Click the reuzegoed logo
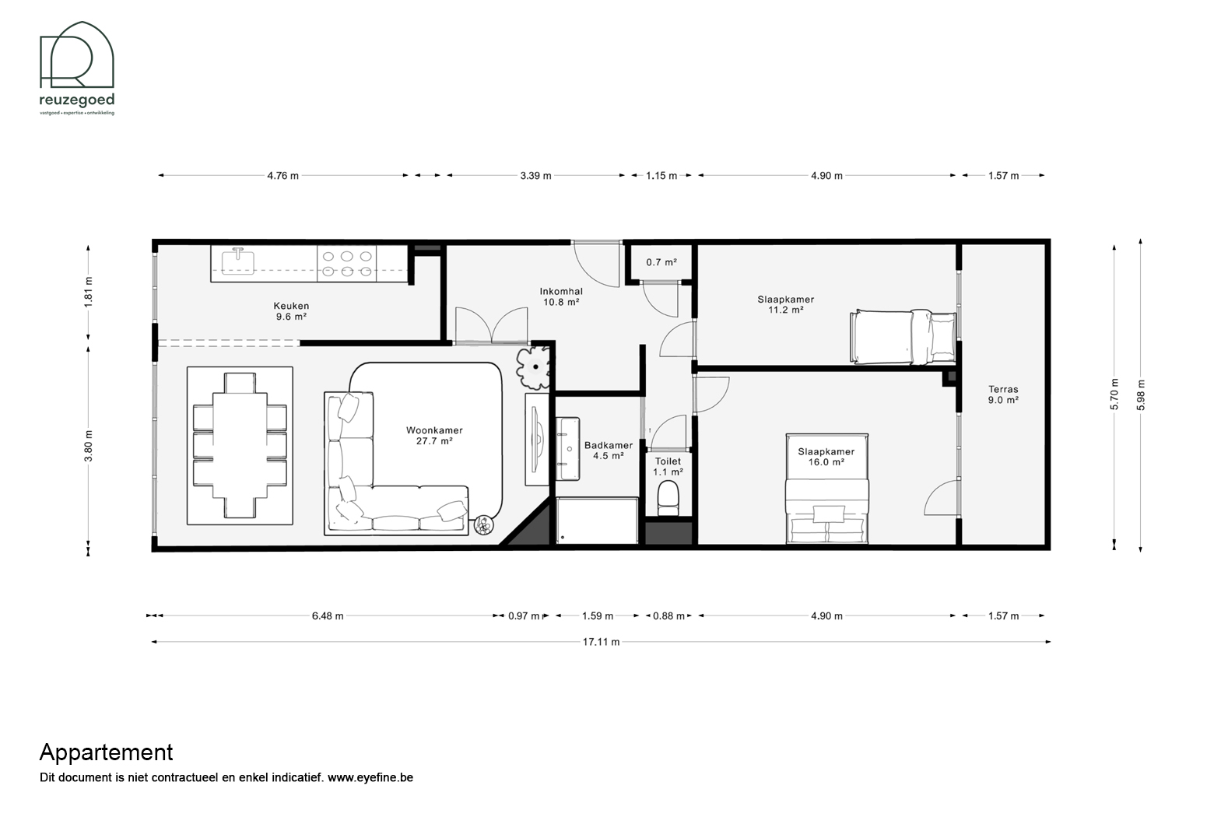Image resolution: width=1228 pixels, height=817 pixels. click(77, 68)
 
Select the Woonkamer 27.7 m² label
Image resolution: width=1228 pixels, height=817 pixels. click(434, 436)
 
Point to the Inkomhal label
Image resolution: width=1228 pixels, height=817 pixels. click(561, 291)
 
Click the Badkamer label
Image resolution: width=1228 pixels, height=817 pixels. click(609, 445)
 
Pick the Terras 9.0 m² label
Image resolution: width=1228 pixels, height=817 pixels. click(1003, 394)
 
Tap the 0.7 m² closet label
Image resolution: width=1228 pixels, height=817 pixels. click(661, 262)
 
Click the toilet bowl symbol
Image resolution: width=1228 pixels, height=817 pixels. click(668, 499)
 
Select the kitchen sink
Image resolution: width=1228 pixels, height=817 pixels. click(238, 261)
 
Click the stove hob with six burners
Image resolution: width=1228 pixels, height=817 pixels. click(346, 264)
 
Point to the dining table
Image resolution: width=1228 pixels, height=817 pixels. click(240, 445)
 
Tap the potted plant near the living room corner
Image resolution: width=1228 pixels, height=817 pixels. click(533, 367)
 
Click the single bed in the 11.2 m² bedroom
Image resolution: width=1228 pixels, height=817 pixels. click(903, 337)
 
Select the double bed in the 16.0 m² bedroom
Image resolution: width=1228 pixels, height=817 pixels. click(827, 489)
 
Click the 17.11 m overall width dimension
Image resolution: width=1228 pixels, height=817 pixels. click(601, 641)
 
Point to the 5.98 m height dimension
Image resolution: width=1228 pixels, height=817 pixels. click(1141, 394)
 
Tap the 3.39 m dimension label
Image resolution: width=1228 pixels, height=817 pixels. click(535, 176)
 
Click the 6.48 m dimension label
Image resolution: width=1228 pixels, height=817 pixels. click(328, 615)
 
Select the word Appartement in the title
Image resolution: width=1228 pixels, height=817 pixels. click(107, 753)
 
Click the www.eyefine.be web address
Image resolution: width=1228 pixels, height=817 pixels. click(370, 777)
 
